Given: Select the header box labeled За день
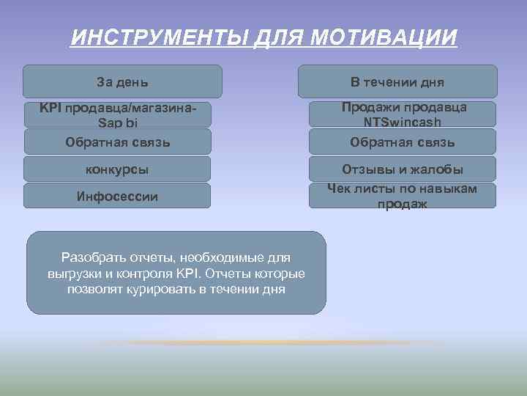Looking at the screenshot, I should (123, 81).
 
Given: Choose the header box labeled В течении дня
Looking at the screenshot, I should (397, 81).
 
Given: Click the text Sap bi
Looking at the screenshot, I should (117, 122).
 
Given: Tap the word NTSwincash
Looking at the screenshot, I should (403, 122).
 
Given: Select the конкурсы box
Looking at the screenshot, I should (117, 169).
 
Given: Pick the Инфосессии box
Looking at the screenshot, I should (117, 197).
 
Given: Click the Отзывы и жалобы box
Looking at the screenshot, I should (402, 169).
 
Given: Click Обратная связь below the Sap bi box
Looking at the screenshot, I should (117, 142).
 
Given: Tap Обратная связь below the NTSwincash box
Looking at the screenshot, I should (402, 142).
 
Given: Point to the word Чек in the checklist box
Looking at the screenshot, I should (340, 189).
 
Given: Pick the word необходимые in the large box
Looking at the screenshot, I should (209, 258).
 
